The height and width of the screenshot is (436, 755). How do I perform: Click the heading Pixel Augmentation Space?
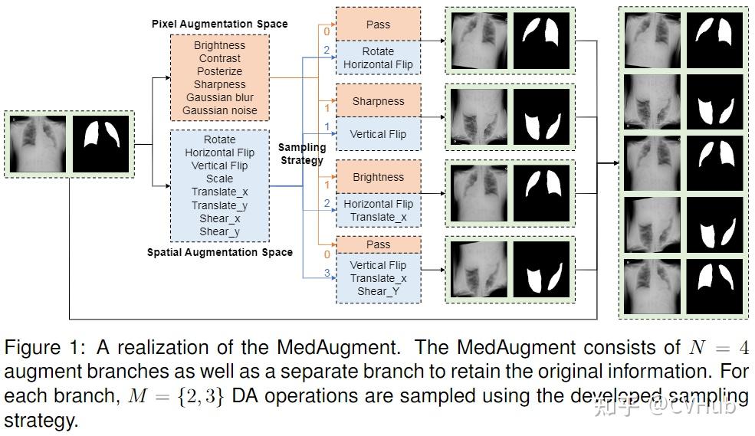[x=219, y=24]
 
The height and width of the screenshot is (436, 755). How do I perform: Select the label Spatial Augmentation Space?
[x=219, y=252]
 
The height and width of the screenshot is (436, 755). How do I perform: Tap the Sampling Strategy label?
[x=301, y=153]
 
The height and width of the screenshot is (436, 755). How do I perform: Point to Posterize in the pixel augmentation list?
[x=219, y=71]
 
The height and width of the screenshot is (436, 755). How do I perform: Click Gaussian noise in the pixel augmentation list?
[x=219, y=111]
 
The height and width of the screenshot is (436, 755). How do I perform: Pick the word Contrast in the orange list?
[x=219, y=58]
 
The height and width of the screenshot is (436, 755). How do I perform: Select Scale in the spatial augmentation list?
[x=219, y=179]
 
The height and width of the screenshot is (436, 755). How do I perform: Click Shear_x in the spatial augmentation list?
[x=219, y=218]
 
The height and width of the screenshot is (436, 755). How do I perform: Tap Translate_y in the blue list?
[x=219, y=205]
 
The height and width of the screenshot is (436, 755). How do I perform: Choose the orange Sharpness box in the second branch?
[x=378, y=101]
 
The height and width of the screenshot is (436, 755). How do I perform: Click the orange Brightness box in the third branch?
[x=378, y=177]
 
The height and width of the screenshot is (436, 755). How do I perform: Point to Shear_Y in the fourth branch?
[x=378, y=291]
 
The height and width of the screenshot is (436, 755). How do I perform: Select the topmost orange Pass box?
[x=378, y=25]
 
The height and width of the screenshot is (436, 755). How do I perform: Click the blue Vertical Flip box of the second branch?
[x=378, y=134]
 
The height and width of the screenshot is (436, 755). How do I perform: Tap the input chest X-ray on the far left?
[x=37, y=143]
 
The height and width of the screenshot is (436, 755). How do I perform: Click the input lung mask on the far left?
[x=101, y=143]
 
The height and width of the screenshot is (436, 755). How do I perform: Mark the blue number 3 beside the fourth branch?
[x=327, y=273]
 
